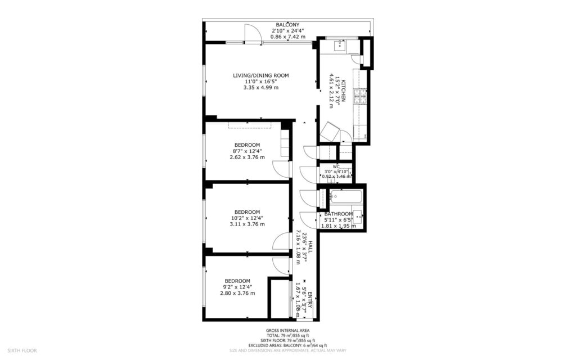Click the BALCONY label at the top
(287, 25)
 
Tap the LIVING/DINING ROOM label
(261, 75)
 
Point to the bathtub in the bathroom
(345, 197)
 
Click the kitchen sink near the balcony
(340, 44)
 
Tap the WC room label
(336, 166)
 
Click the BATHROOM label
(338, 214)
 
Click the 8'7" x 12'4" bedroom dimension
(247, 151)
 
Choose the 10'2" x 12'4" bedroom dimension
(247, 218)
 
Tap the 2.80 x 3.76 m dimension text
(237, 293)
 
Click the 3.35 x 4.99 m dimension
(261, 88)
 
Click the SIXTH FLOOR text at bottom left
(22, 350)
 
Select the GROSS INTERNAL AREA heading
(287, 331)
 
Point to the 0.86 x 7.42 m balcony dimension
(287, 37)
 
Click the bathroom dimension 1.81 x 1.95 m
(338, 226)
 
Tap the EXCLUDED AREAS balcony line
(287, 345)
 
